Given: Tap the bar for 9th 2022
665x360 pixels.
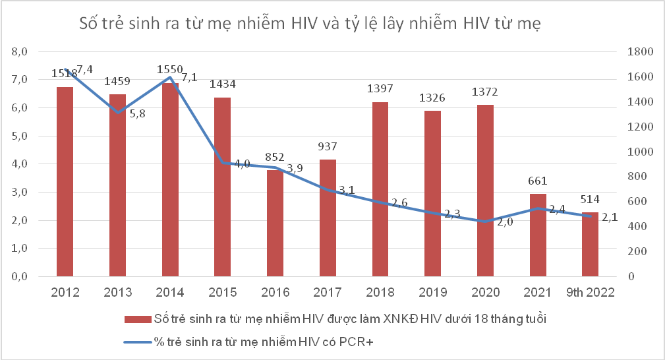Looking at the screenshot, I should tap(591, 244).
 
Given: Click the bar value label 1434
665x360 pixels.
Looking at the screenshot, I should tap(223, 84).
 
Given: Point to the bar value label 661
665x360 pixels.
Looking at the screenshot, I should tap(538, 180).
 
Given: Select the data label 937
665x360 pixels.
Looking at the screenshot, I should tap(328, 146).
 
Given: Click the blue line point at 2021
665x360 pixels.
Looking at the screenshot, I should tap(538, 208).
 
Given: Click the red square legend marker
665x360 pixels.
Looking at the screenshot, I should tap(129, 320).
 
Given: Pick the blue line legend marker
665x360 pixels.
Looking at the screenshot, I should tap(136, 342).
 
